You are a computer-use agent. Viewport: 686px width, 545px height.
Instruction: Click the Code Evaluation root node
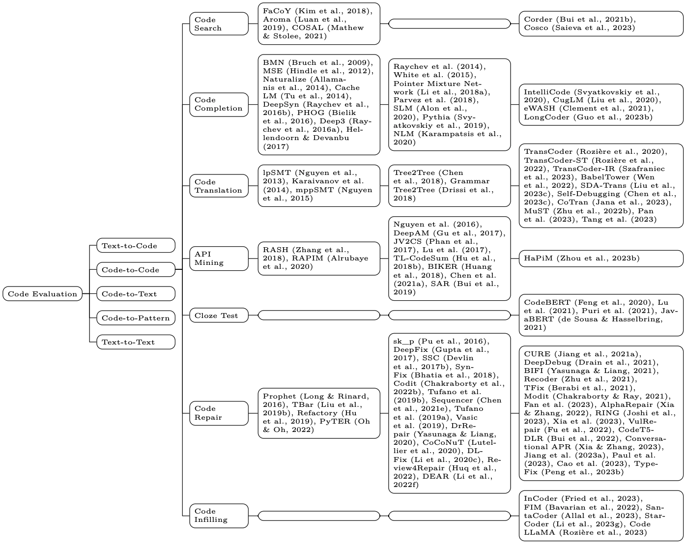[x=43, y=294]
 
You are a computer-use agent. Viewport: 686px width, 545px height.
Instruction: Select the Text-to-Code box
[x=136, y=246]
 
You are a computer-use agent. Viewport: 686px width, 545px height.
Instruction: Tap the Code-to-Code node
[x=136, y=270]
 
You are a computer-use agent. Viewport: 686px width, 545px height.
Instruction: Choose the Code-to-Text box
[x=136, y=294]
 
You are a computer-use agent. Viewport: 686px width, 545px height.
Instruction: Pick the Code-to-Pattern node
[x=136, y=318]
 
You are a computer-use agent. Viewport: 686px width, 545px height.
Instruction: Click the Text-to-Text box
[x=136, y=342]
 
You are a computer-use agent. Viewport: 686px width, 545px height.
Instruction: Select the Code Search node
[x=219, y=24]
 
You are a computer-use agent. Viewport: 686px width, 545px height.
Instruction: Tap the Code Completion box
[x=219, y=104]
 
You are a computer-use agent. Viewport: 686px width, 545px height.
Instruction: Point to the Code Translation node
[x=219, y=186]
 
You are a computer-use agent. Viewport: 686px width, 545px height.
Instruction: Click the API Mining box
[x=219, y=258]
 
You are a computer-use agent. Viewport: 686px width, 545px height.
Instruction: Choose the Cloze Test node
[x=219, y=316]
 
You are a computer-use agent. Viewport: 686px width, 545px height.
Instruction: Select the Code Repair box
[x=219, y=413]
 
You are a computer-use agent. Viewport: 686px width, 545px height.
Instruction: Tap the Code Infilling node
[x=219, y=516]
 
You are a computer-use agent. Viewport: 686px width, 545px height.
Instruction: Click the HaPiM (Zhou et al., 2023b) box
[x=600, y=258]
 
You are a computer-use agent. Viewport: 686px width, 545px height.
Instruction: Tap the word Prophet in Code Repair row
[x=279, y=396]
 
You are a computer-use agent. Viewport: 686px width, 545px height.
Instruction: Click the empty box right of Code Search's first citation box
[x=450, y=24]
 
